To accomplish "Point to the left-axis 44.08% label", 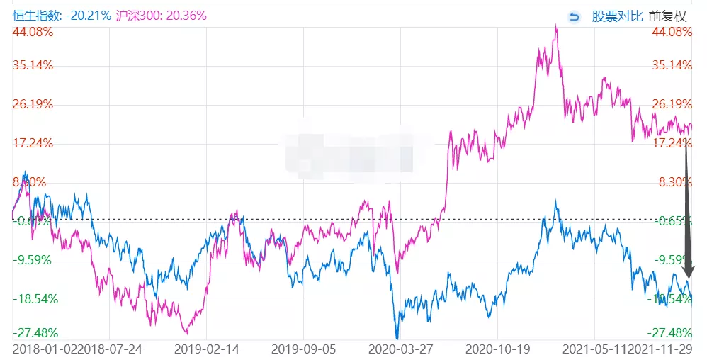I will pyautogui.click(x=33, y=32).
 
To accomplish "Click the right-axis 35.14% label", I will pyautogui.click(x=672, y=65).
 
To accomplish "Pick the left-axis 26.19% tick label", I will pyautogui.click(x=33, y=104).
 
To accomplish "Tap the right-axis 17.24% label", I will pyautogui.click(x=672, y=143).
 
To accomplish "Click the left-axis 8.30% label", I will pyautogui.click(x=31, y=182).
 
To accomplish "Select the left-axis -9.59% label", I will pyautogui.click(x=33, y=259).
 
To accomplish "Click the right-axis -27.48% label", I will pyautogui.click(x=672, y=333).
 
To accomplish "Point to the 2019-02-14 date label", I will pyautogui.click(x=206, y=349).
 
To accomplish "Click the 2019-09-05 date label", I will pyautogui.click(x=303, y=349).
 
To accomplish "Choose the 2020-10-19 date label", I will pyautogui.click(x=497, y=349).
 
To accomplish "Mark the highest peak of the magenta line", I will pyautogui.click(x=556, y=26).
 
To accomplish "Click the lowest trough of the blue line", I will pyautogui.click(x=397, y=338).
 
